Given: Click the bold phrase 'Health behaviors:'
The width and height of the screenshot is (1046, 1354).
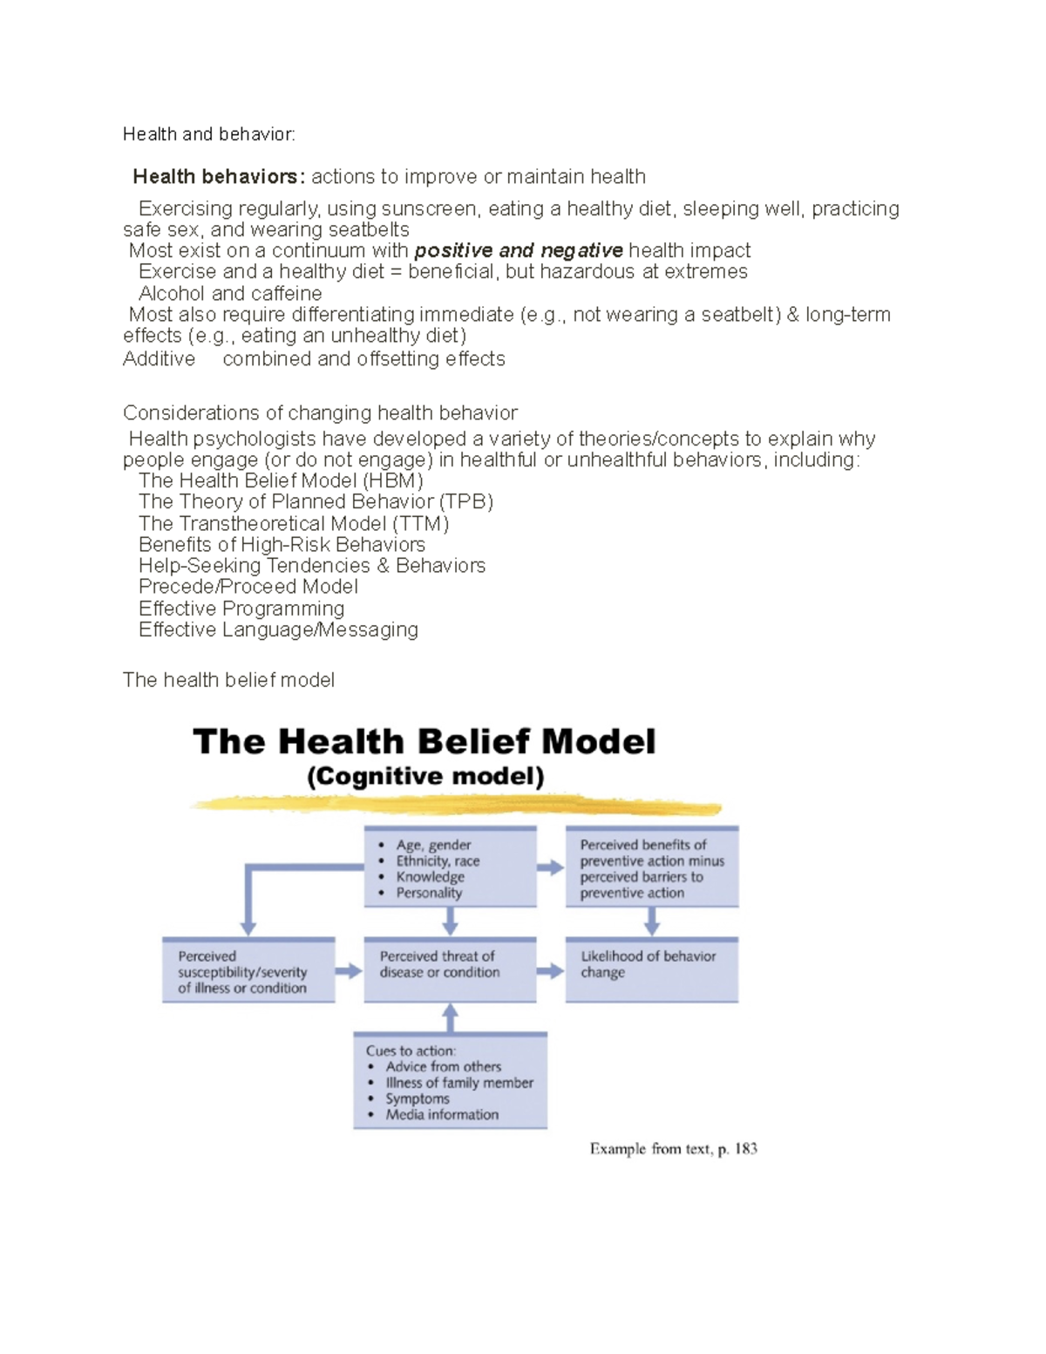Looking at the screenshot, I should click(x=219, y=177).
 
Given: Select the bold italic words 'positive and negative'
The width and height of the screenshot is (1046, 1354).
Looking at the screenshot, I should click(x=519, y=251).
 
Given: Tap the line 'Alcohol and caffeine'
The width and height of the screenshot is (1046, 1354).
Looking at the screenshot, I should click(x=230, y=294).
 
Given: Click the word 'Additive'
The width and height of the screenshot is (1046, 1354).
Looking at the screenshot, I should click(x=159, y=359).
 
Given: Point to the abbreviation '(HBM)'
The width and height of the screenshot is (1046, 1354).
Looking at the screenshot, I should click(x=393, y=481).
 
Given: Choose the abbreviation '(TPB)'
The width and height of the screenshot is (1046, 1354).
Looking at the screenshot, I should click(x=466, y=502).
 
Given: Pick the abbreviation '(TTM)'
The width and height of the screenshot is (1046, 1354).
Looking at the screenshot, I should click(x=421, y=524).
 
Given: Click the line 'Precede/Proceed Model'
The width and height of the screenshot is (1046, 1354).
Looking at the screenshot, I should click(x=248, y=587).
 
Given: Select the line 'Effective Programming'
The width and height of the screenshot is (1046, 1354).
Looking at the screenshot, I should click(x=241, y=609).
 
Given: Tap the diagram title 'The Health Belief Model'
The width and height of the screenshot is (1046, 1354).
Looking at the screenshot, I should click(x=424, y=742).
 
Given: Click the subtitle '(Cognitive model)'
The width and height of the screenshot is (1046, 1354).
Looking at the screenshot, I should click(x=425, y=777).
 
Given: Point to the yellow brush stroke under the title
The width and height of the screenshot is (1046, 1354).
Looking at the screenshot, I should click(x=455, y=805).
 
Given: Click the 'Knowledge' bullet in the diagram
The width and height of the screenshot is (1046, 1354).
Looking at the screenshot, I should click(x=430, y=877).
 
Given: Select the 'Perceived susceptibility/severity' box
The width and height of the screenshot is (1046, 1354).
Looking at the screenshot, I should click(x=248, y=971).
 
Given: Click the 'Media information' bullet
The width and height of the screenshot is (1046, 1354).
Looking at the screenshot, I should click(x=442, y=1115).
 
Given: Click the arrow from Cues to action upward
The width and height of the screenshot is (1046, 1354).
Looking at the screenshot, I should click(x=450, y=1017).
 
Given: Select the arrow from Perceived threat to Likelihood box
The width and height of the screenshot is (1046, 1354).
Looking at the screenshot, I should click(x=550, y=971).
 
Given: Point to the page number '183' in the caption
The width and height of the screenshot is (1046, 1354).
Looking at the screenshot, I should click(x=745, y=1149).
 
